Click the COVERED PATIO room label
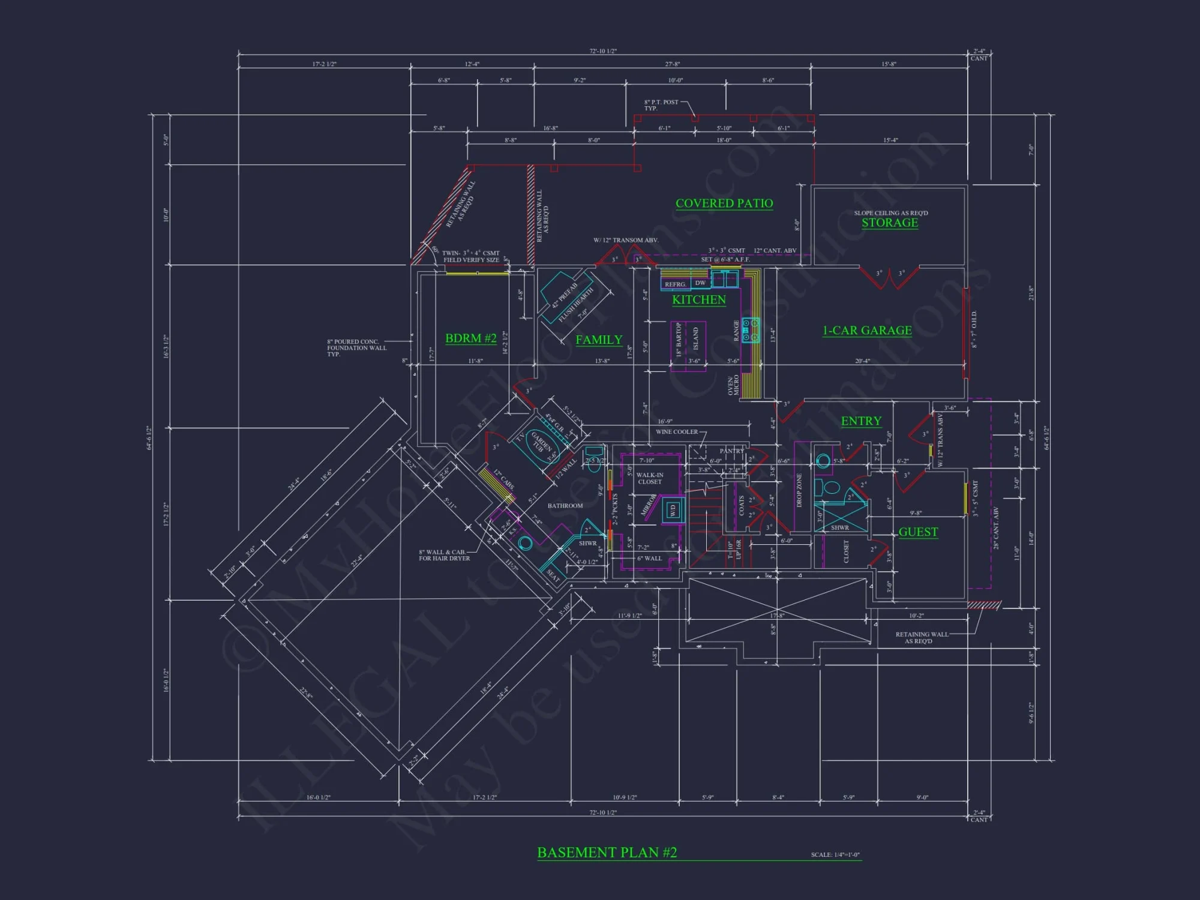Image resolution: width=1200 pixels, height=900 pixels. click(x=724, y=203)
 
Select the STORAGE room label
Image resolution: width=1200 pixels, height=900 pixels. click(x=890, y=223)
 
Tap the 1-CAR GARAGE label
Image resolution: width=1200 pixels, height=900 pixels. click(x=867, y=331)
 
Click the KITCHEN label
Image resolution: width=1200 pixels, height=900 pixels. click(x=698, y=299)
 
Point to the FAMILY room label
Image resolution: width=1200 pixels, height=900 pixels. click(x=599, y=340)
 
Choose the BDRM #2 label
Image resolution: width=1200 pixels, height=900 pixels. click(x=470, y=338)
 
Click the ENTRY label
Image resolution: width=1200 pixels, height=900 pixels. click(x=861, y=421)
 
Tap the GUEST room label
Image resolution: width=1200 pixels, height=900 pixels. click(x=918, y=532)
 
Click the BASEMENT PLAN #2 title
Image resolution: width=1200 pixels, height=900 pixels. click(x=607, y=853)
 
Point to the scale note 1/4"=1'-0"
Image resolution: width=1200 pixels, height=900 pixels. click(x=835, y=855)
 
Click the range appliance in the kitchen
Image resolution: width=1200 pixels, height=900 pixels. click(x=750, y=330)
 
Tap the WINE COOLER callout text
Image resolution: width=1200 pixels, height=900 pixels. click(x=676, y=432)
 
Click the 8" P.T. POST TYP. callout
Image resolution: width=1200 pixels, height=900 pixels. click(x=661, y=105)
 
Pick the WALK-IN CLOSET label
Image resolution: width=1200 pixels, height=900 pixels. click(x=650, y=478)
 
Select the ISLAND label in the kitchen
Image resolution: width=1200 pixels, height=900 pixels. click(x=695, y=338)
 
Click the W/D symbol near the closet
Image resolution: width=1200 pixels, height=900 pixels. click(x=673, y=511)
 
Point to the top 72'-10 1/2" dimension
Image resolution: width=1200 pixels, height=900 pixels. click(x=602, y=52)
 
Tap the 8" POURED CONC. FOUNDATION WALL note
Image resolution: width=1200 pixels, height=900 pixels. click(x=356, y=348)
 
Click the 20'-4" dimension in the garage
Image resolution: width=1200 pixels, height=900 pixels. click(x=862, y=361)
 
